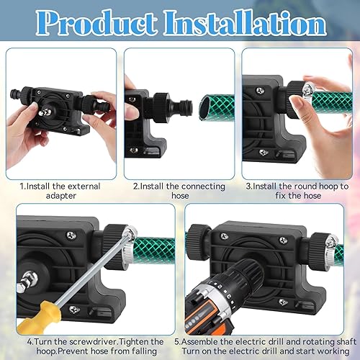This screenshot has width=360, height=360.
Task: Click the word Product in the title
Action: [96, 23]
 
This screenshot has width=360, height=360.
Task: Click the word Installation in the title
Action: [246, 23]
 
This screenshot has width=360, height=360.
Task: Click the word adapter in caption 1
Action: [61, 196]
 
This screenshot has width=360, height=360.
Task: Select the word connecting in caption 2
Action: [203, 186]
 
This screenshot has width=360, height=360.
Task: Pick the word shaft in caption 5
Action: [344, 341]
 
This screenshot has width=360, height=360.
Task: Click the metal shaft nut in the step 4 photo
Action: [27, 282]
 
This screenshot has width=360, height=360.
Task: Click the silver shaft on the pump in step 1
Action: [44, 112]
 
